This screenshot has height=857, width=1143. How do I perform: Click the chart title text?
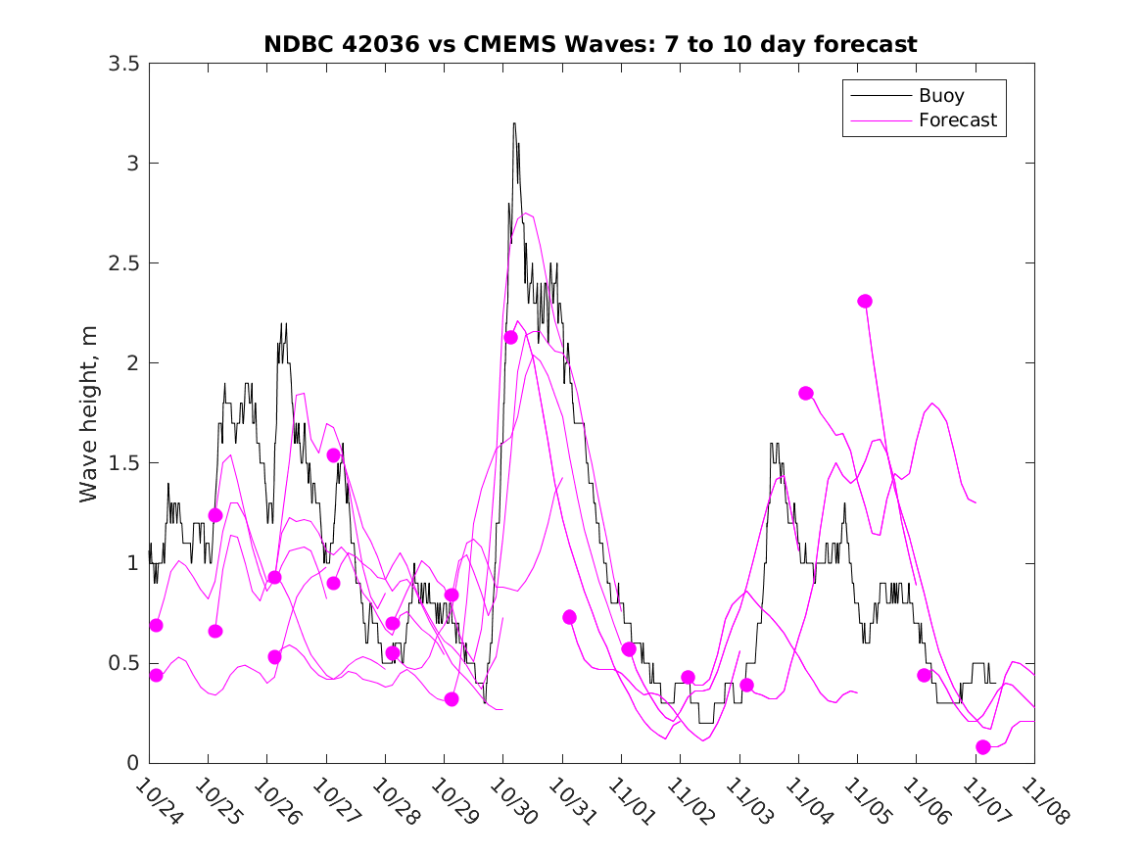pos(590,44)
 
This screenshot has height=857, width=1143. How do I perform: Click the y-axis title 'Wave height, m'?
pos(89,413)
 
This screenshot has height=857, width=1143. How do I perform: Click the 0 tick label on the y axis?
pos(131,763)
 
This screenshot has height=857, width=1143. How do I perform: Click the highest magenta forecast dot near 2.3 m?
pos(865,302)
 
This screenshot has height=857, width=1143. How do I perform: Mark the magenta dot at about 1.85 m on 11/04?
pos(806,393)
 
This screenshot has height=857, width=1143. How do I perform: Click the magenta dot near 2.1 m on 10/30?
pos(510,338)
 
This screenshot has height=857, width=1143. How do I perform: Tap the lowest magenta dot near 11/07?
pos(983,747)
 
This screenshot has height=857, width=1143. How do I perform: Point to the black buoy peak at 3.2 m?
pos(514,124)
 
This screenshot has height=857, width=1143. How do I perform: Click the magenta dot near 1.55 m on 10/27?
pos(333,455)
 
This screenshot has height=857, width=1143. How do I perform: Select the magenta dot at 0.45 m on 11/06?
pos(924,676)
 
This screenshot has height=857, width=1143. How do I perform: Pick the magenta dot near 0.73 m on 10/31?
pos(569,617)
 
